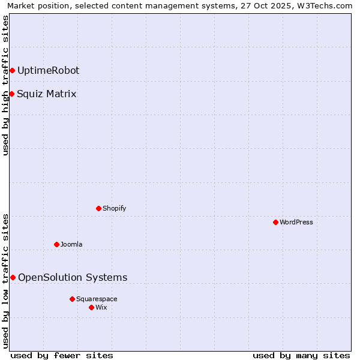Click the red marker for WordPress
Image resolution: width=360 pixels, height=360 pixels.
[x=275, y=222]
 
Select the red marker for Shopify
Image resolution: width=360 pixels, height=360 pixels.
[x=98, y=208]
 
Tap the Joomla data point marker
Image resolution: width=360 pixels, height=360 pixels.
[x=56, y=244]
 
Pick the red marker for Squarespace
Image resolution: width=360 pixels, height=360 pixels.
[x=72, y=299]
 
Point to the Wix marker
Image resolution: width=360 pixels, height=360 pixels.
[x=91, y=307]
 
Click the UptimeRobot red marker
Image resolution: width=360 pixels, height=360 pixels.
[x=12, y=70]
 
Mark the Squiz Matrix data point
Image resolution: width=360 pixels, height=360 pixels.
[x=11, y=94]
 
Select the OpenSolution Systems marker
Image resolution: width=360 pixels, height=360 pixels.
[x=13, y=277]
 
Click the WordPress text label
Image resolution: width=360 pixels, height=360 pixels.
[x=296, y=222]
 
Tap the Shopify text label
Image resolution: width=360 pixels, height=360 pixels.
[x=115, y=208]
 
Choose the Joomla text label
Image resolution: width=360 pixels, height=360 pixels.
[x=71, y=244]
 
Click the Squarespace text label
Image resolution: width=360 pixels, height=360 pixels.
[x=97, y=299]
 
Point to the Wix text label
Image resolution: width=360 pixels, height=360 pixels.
[x=101, y=307]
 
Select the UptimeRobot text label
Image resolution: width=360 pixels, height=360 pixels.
[x=48, y=70]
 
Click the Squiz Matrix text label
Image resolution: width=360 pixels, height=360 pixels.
[x=47, y=94]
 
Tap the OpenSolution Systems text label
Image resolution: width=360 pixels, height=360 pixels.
[x=73, y=277]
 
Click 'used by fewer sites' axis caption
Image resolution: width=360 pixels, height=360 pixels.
[x=62, y=355]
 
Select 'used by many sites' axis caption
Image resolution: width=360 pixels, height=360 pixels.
[x=301, y=355]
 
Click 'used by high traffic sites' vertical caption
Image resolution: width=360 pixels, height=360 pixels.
[x=5, y=85]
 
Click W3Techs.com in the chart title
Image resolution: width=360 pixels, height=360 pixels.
[x=323, y=5]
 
